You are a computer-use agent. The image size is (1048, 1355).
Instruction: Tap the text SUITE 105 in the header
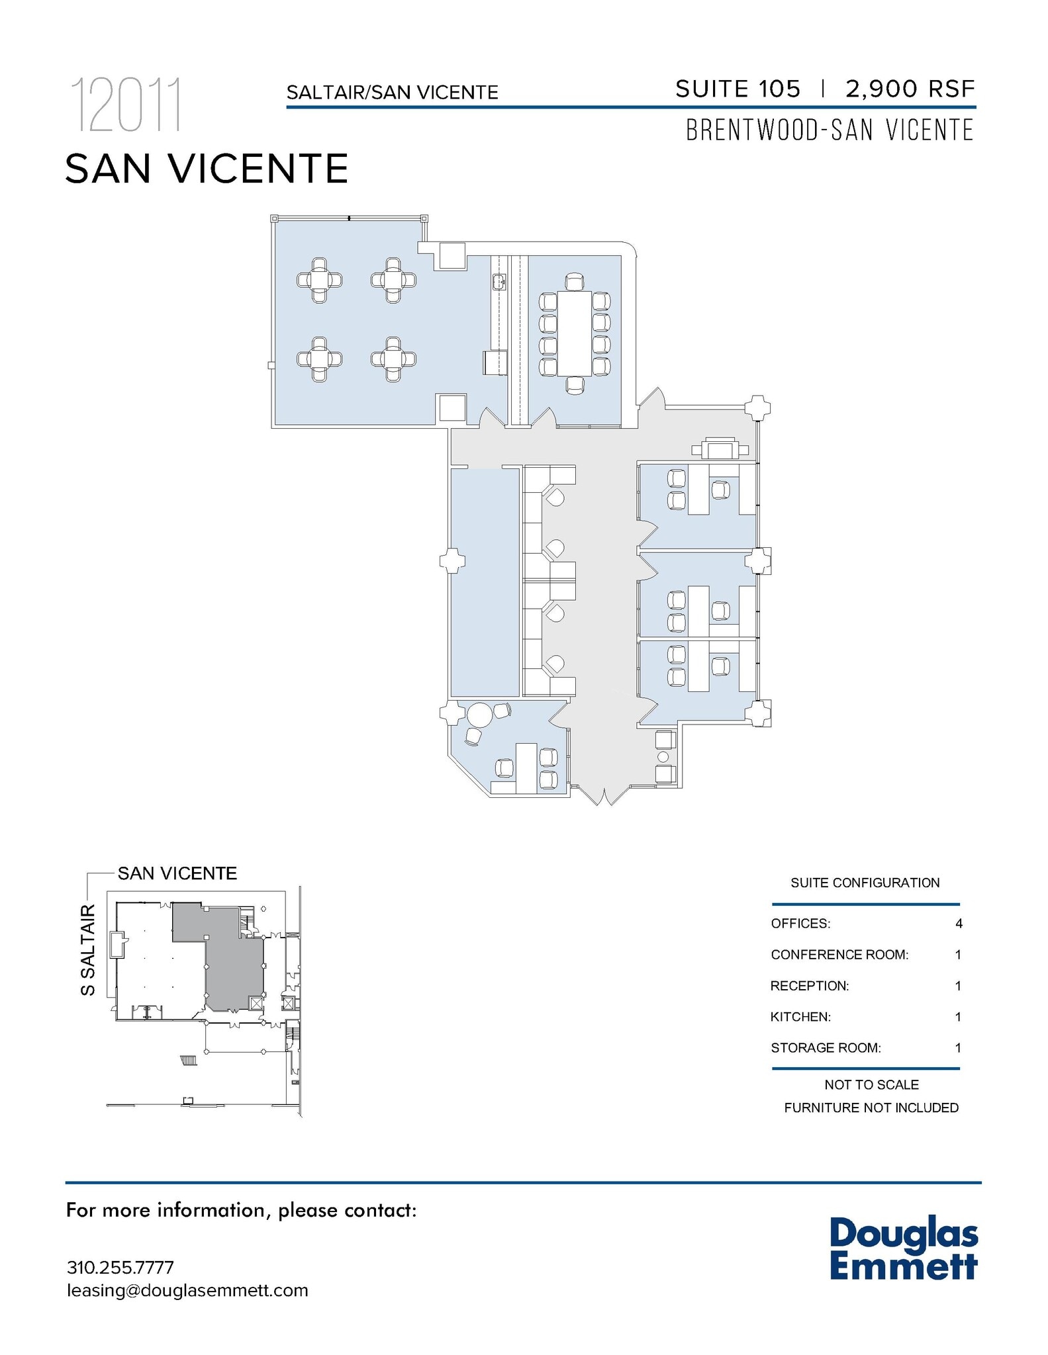pos(738,89)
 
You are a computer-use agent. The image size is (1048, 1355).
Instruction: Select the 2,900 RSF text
pos(910,89)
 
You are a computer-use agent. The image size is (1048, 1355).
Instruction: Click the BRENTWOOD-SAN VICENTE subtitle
pos(830,130)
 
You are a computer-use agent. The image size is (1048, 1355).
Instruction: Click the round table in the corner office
pos(480,715)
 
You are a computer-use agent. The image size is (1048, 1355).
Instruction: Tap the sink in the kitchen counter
pos(499,283)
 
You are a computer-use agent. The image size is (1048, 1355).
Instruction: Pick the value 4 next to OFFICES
pos(959,924)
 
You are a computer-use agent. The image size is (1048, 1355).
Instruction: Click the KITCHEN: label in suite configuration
pos(800,1017)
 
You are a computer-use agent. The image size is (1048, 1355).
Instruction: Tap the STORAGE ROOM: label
pos(826,1048)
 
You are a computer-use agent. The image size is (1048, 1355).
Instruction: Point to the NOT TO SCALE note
pos(871,1084)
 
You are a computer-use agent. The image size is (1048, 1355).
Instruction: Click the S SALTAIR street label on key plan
pos(88,950)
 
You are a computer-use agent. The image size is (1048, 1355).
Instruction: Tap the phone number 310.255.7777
pos(120,1267)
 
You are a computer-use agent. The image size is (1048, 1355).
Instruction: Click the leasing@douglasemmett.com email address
pos(187,1290)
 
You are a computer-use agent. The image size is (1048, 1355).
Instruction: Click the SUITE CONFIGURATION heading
pos(865,883)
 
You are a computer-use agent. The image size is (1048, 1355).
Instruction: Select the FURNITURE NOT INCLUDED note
pos(871,1108)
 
